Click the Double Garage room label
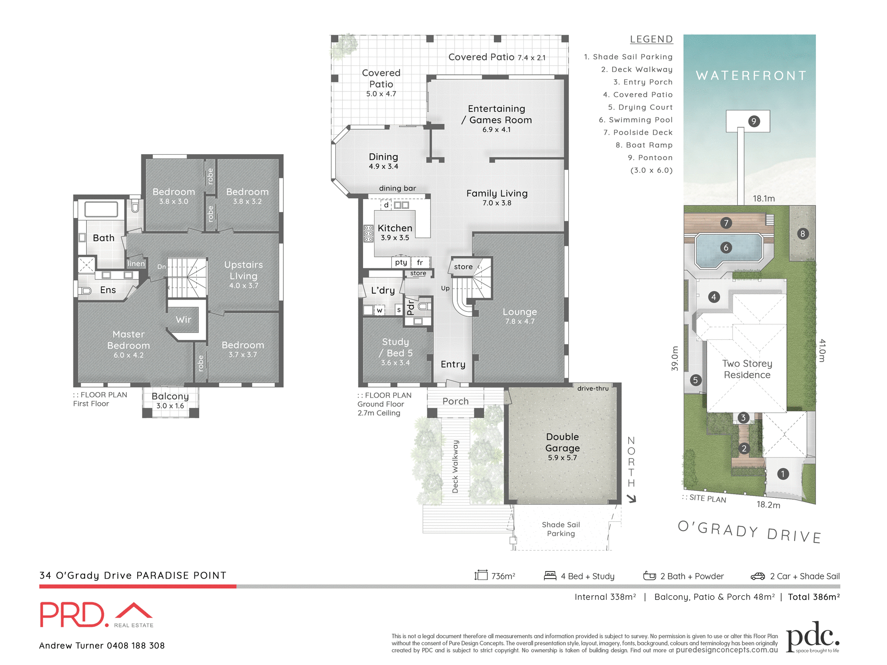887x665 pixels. click(562, 443)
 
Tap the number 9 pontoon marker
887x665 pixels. click(753, 121)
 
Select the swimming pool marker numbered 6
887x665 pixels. click(726, 248)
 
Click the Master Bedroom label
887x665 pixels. click(128, 340)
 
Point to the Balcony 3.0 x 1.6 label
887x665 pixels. click(170, 400)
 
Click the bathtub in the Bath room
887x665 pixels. click(101, 209)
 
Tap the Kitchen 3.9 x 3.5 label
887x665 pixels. click(395, 232)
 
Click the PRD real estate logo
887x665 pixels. click(96, 615)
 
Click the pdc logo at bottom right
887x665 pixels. click(812, 637)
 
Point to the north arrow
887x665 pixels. click(632, 498)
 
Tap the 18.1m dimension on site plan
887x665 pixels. click(764, 199)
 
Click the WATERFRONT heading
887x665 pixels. click(751, 76)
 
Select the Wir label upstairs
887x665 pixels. click(183, 320)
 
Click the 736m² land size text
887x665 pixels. click(503, 576)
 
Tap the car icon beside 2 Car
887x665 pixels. click(758, 576)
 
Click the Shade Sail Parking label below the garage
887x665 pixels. click(561, 529)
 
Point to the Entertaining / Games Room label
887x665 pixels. click(497, 115)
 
